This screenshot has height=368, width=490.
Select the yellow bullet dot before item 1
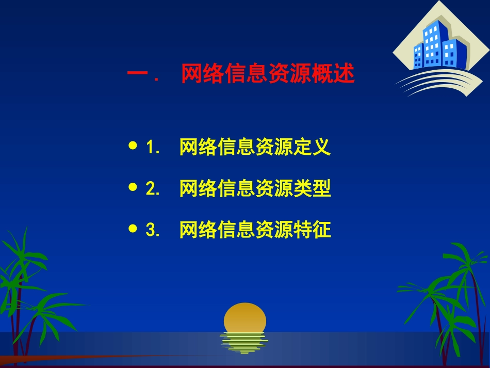tap(133, 147)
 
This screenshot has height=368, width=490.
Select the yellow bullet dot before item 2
tap(133, 188)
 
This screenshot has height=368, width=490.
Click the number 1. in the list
tap(153, 148)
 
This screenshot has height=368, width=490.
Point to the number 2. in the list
tap(153, 189)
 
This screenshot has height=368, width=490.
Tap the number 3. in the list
tap(153, 230)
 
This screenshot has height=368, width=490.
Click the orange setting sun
tap(245, 317)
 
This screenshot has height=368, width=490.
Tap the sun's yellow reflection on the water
tap(244, 342)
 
